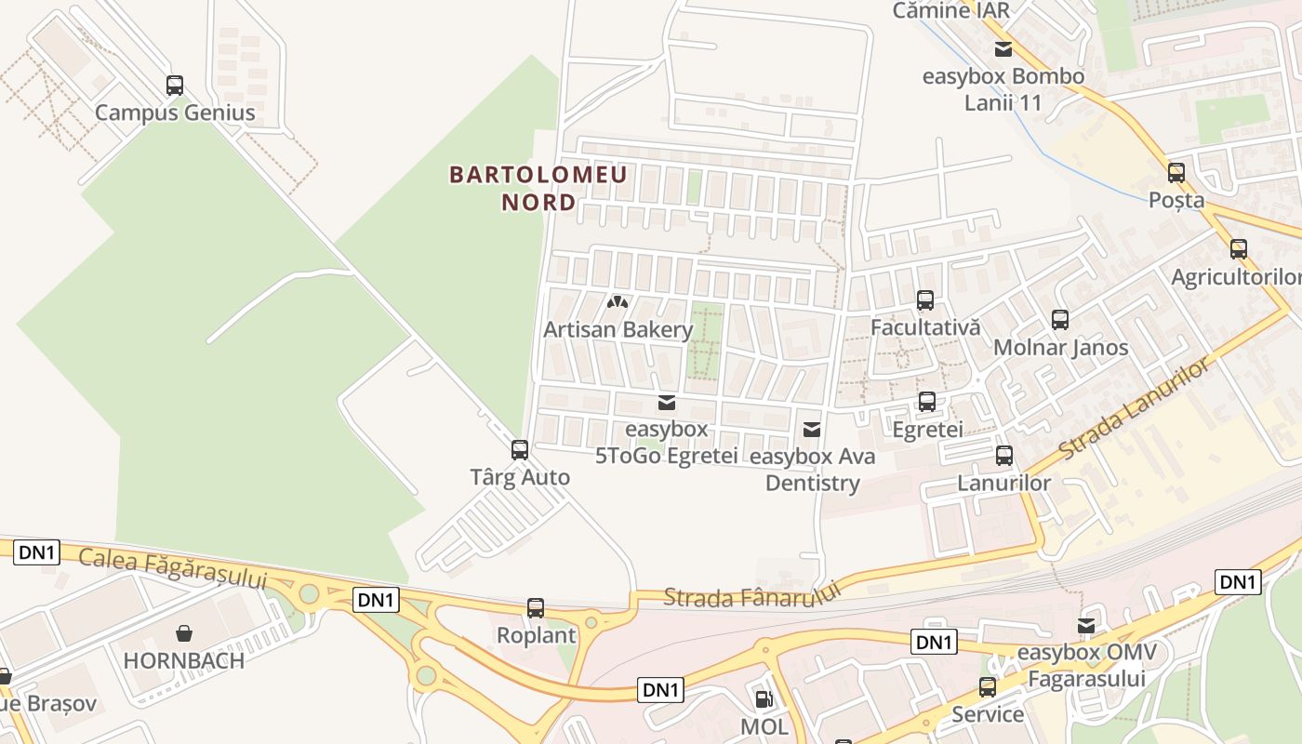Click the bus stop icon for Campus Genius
click(x=175, y=86)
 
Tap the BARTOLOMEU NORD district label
click(x=538, y=188)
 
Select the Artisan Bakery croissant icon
click(x=618, y=302)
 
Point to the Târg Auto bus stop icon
click(x=520, y=450)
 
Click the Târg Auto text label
click(x=520, y=478)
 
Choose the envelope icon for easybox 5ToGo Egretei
click(x=666, y=403)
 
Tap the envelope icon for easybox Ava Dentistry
click(x=812, y=429)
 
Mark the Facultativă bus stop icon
click(x=925, y=300)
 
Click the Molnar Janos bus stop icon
click(x=1060, y=320)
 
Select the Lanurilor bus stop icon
click(x=1004, y=456)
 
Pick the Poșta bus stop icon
click(x=1176, y=173)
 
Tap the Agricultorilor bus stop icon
click(x=1238, y=249)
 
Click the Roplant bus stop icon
click(x=536, y=608)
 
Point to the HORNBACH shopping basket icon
click(x=184, y=633)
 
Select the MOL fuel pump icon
click(x=764, y=698)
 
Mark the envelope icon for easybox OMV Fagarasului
click(x=1086, y=626)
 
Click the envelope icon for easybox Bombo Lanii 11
click(x=1003, y=49)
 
